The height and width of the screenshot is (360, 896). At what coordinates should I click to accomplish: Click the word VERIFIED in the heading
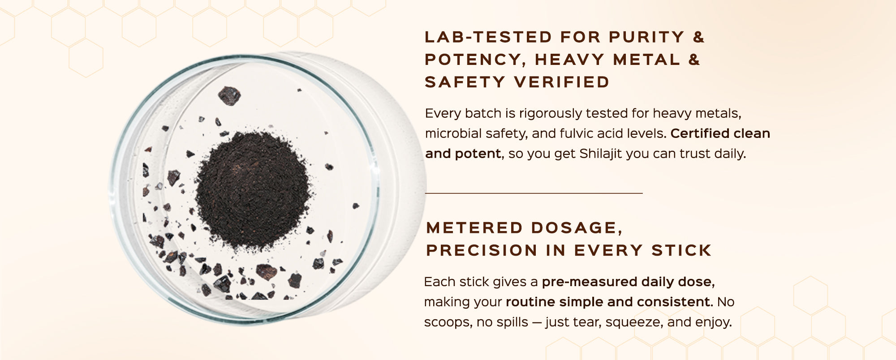pyautogui.click(x=562, y=82)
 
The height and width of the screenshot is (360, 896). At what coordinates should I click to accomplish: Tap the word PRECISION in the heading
pyautogui.click(x=482, y=250)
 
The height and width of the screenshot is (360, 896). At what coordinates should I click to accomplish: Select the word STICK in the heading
pyautogui.click(x=681, y=250)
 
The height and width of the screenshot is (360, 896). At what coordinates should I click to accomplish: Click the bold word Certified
pyautogui.click(x=700, y=133)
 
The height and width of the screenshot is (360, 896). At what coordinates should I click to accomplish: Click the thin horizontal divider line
pyautogui.click(x=534, y=193)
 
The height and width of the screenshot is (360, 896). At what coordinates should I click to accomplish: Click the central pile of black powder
pyautogui.click(x=252, y=189)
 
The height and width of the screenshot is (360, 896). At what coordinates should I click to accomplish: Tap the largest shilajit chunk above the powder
pyautogui.click(x=229, y=96)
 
